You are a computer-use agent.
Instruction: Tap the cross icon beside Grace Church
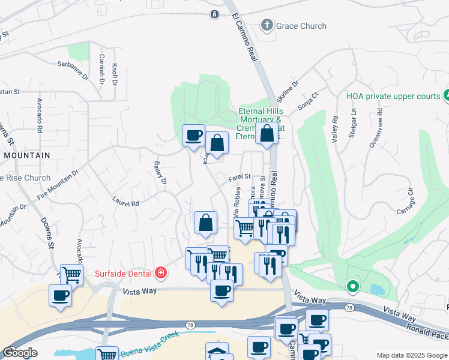(266, 25)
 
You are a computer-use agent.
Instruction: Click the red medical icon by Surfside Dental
(160, 274)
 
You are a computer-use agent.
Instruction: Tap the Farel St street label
(239, 178)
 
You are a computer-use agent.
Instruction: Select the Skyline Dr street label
(287, 93)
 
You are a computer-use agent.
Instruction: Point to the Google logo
(20, 353)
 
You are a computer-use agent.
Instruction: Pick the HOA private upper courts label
(393, 95)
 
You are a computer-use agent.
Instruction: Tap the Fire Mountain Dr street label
(58, 182)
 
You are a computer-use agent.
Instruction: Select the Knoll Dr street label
(114, 72)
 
